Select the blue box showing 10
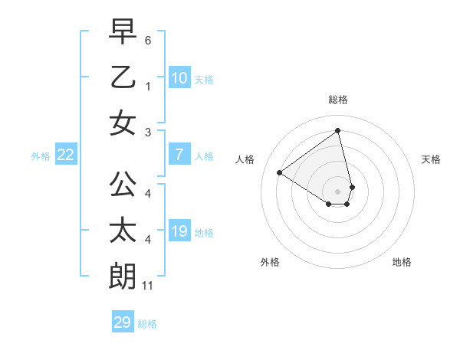[179, 77]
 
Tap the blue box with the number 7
[179, 155]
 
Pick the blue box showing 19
[179, 231]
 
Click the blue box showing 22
[66, 155]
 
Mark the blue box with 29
[122, 322]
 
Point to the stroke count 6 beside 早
[147, 39]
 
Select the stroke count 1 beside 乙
[147, 87]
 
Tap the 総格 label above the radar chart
[337, 100]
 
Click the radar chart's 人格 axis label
[245, 159]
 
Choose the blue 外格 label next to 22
[41, 156]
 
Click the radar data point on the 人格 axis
[280, 172]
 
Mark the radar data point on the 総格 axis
[337, 131]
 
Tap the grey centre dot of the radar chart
[337, 191]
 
